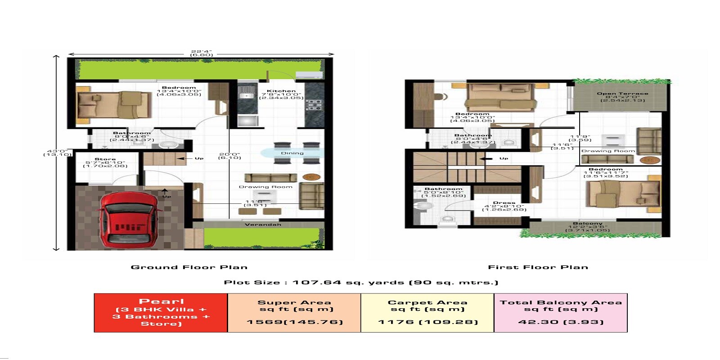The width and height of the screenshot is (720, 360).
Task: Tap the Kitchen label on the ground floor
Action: (281, 91)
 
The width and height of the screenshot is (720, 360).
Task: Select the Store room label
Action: (105, 159)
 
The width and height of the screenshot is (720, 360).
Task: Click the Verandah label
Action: (263, 225)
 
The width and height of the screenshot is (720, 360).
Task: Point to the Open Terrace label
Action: (622, 94)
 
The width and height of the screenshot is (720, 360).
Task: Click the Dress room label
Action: (504, 202)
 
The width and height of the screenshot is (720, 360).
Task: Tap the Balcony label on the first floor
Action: (588, 223)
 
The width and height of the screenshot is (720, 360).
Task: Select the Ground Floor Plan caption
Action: (189, 267)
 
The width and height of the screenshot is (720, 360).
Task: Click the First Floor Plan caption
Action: (538, 267)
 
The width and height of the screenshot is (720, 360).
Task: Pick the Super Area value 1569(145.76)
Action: (294, 322)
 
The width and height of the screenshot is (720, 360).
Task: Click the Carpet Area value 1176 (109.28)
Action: (427, 322)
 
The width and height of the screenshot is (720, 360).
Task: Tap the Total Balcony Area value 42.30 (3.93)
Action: (561, 322)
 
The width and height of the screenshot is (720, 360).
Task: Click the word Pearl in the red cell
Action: (161, 301)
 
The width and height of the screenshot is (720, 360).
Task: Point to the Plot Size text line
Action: (361, 282)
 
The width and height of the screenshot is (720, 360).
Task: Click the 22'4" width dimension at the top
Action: (201, 52)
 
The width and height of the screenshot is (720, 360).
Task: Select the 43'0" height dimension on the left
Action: (57, 152)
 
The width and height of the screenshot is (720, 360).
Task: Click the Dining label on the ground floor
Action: (292, 153)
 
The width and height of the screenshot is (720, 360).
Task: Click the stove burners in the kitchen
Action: (314, 105)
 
